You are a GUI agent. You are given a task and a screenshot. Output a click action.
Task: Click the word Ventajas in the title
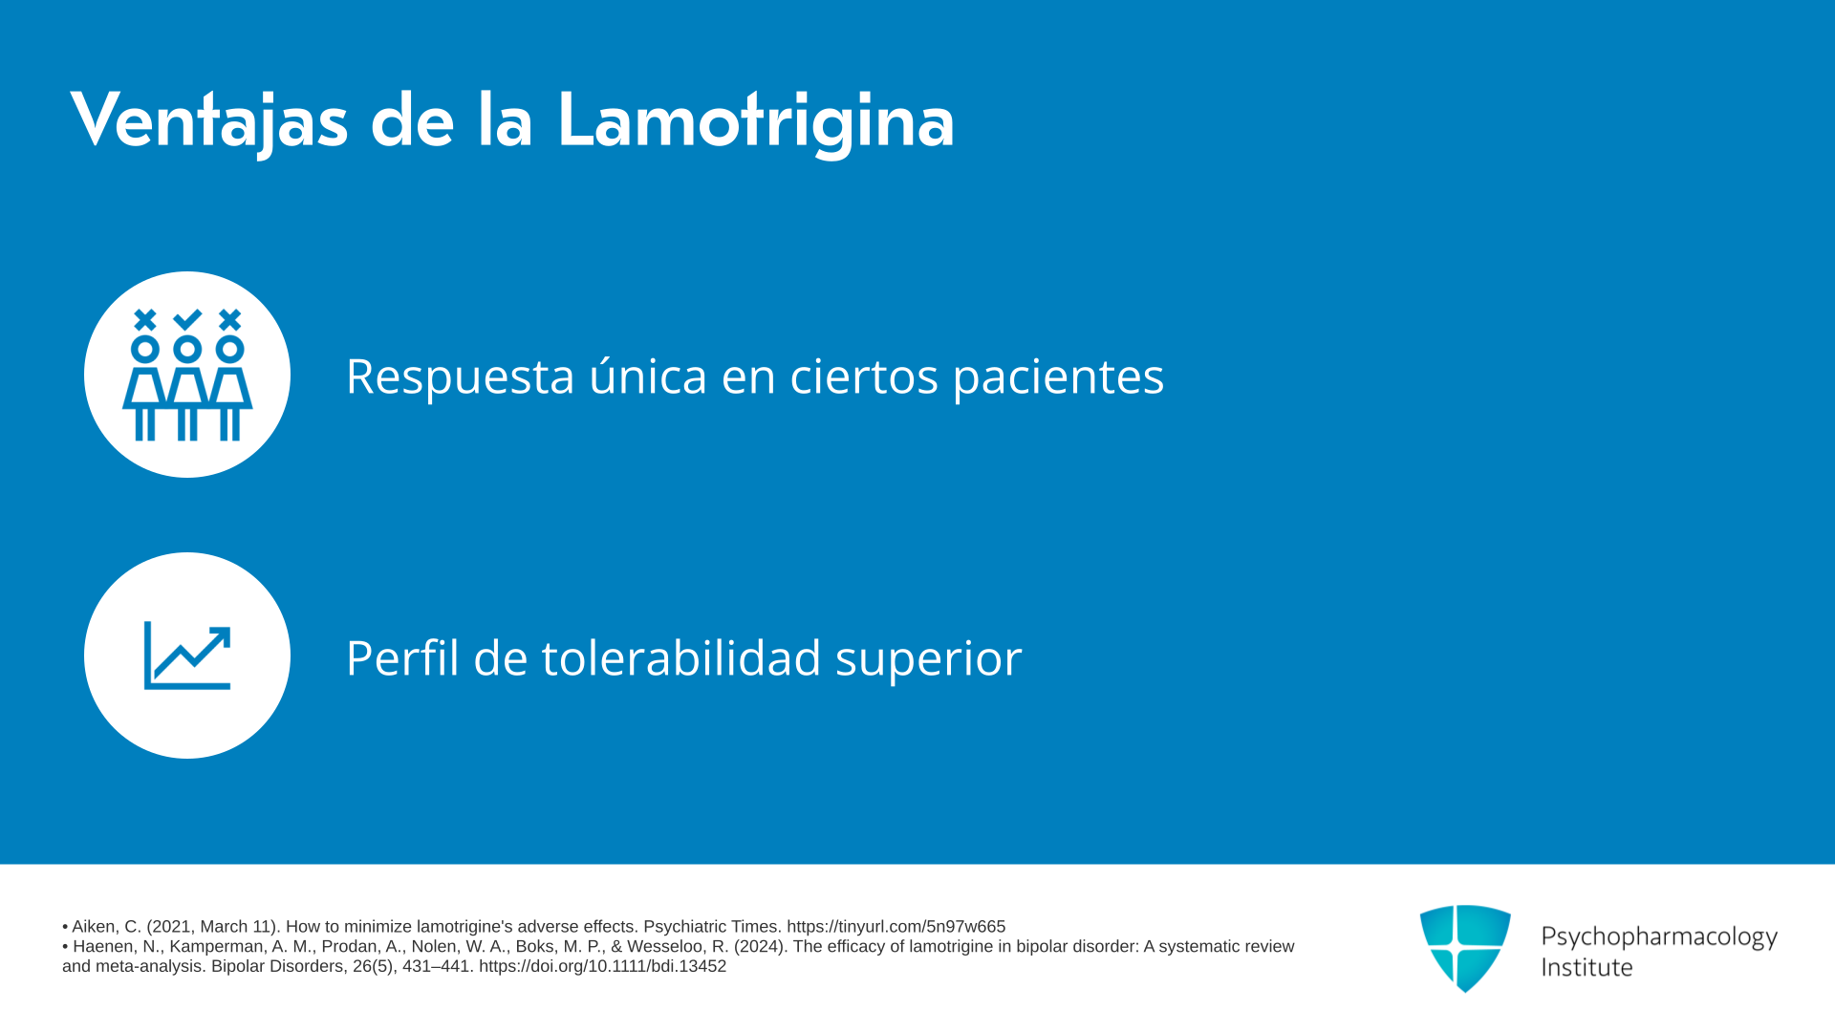209,121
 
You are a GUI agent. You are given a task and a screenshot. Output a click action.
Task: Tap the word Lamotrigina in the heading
756,121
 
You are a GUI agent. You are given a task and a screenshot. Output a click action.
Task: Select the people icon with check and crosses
187,375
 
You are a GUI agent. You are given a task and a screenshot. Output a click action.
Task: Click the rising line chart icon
187,656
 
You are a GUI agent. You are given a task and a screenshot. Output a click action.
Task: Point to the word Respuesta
460,376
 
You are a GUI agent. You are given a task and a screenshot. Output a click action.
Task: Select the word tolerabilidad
681,656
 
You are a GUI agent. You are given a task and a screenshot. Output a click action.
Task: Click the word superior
928,660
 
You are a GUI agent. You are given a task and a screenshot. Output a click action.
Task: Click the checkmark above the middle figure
187,319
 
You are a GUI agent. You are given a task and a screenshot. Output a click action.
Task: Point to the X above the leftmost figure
145,319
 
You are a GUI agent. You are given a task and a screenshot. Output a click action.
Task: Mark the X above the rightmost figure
229,319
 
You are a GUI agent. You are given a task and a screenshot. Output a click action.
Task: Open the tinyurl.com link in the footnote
896,927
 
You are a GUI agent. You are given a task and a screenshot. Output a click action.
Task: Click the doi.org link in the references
602,967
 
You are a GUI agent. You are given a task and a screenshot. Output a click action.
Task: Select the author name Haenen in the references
101,947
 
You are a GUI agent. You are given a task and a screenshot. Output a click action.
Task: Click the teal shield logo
1465,948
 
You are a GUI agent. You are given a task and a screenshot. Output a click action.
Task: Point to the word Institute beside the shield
1587,968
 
